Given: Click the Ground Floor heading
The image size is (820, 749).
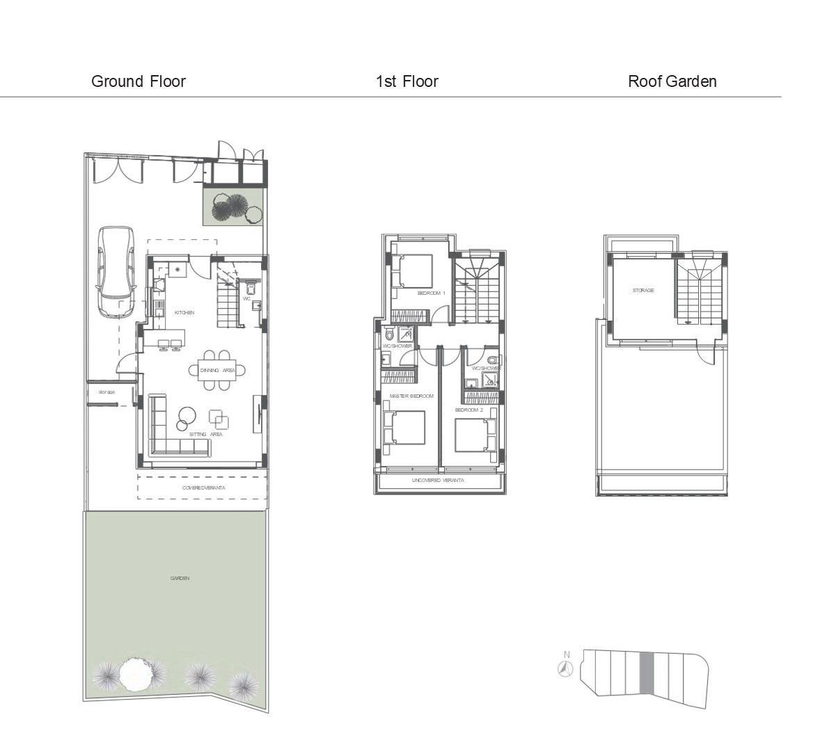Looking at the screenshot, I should [x=139, y=81].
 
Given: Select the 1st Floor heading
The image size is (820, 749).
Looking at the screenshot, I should [x=407, y=81].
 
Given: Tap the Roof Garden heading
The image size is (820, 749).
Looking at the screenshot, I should [x=672, y=81].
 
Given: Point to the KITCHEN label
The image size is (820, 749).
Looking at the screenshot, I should [x=184, y=313].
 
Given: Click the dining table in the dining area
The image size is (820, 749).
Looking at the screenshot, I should [x=217, y=370].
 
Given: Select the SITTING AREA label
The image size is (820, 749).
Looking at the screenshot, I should [x=205, y=435].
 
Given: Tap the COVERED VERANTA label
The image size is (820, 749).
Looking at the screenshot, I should [x=203, y=488].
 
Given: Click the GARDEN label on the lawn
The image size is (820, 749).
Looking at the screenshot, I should [x=180, y=579].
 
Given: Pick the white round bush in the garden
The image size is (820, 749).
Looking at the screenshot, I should [x=134, y=673].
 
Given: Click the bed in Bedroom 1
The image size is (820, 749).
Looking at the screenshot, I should [x=412, y=271].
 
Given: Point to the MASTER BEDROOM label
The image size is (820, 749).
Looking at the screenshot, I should [x=411, y=396].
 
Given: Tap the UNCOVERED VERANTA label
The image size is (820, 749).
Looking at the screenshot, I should [x=438, y=481].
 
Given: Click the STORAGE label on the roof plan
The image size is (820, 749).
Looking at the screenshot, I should [x=643, y=291].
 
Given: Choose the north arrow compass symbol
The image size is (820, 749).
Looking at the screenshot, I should [x=566, y=668].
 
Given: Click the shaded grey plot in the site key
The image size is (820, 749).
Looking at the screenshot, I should [x=645, y=672].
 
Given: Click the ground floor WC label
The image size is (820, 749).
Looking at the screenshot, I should [x=246, y=298].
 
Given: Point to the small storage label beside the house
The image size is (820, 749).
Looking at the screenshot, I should [x=107, y=393].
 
